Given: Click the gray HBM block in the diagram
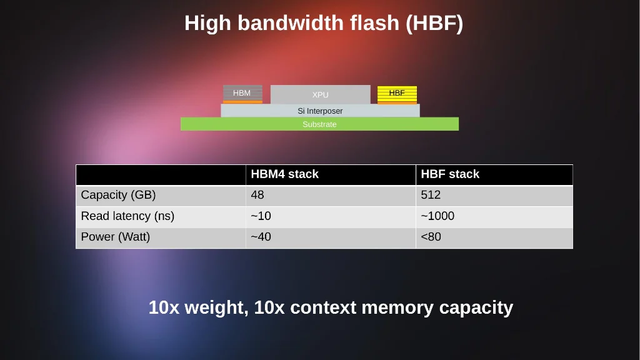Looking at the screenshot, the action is [x=242, y=94].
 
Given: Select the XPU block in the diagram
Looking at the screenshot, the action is [x=321, y=94].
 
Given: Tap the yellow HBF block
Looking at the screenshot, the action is [x=397, y=95].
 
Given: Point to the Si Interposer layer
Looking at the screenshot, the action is [x=320, y=111].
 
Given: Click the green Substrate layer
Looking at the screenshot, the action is [x=319, y=124].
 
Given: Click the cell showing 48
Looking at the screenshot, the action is [x=331, y=196].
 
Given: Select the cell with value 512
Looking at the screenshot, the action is [x=494, y=196].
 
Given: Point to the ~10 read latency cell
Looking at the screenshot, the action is [x=331, y=217].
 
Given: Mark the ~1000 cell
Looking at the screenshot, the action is [x=494, y=217].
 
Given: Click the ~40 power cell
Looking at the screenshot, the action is [x=331, y=237].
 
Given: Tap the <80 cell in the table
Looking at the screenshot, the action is [x=494, y=237].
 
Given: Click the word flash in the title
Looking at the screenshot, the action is [x=374, y=22].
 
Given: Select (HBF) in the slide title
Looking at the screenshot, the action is [x=434, y=23].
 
